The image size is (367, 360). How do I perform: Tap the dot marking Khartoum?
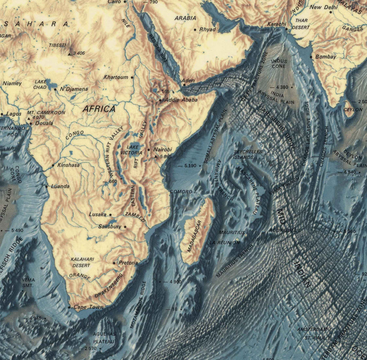click(132, 77)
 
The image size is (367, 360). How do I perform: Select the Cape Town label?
click(88, 307)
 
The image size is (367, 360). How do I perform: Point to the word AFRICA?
click(99, 109)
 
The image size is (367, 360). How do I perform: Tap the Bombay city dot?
click(312, 57)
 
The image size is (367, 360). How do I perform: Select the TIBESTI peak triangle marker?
click(69, 53)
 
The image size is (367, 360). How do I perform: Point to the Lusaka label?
click(97, 214)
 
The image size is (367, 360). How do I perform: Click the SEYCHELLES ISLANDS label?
click(248, 154)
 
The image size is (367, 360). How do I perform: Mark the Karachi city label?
click(276, 24)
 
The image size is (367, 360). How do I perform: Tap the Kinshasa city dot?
click(53, 165)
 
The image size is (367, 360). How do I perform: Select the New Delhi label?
click(324, 7)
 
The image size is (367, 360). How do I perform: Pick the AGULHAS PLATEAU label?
click(104, 338)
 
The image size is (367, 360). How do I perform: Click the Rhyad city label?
click(207, 29)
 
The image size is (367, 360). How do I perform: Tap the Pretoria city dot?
click(114, 263)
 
